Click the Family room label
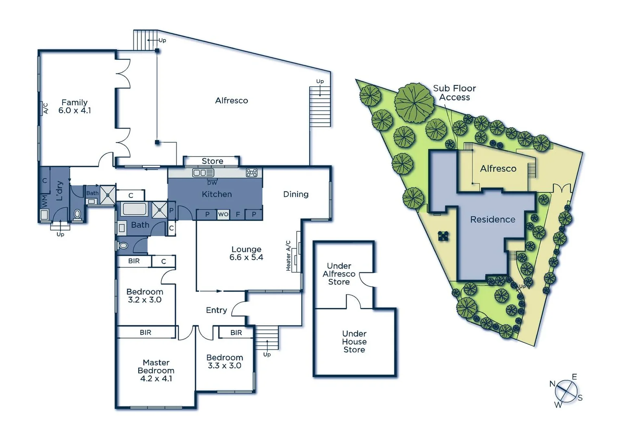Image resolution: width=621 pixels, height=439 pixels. point(74,103)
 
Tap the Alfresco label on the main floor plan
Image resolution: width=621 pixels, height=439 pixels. point(231,101)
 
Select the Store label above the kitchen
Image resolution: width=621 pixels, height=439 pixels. point(212,161)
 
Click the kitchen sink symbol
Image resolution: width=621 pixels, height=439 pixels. point(203,173)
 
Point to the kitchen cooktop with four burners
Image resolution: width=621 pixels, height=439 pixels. point(252,173)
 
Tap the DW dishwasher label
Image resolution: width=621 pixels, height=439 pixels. point(212,183)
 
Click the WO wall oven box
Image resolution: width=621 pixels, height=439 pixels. point(223,214)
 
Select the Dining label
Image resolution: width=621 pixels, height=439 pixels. point(295,194)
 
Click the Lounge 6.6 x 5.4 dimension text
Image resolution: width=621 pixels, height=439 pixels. point(246,257)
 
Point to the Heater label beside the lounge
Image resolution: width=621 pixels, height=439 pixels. point(288,262)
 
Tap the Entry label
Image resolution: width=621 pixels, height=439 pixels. point(216,310)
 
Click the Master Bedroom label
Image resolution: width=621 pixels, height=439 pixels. point(156,366)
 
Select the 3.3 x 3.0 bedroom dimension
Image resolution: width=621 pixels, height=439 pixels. point(224,365)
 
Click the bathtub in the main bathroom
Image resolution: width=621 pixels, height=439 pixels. point(134,209)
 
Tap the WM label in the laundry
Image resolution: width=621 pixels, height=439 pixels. point(44,200)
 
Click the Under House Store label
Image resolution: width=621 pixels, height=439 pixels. point(354,341)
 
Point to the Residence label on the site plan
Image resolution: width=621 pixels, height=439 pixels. point(493,219)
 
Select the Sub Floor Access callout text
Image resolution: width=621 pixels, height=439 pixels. point(454,93)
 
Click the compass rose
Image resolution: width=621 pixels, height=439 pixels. point(566,391)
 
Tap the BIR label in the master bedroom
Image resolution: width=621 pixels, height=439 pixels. point(145,333)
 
